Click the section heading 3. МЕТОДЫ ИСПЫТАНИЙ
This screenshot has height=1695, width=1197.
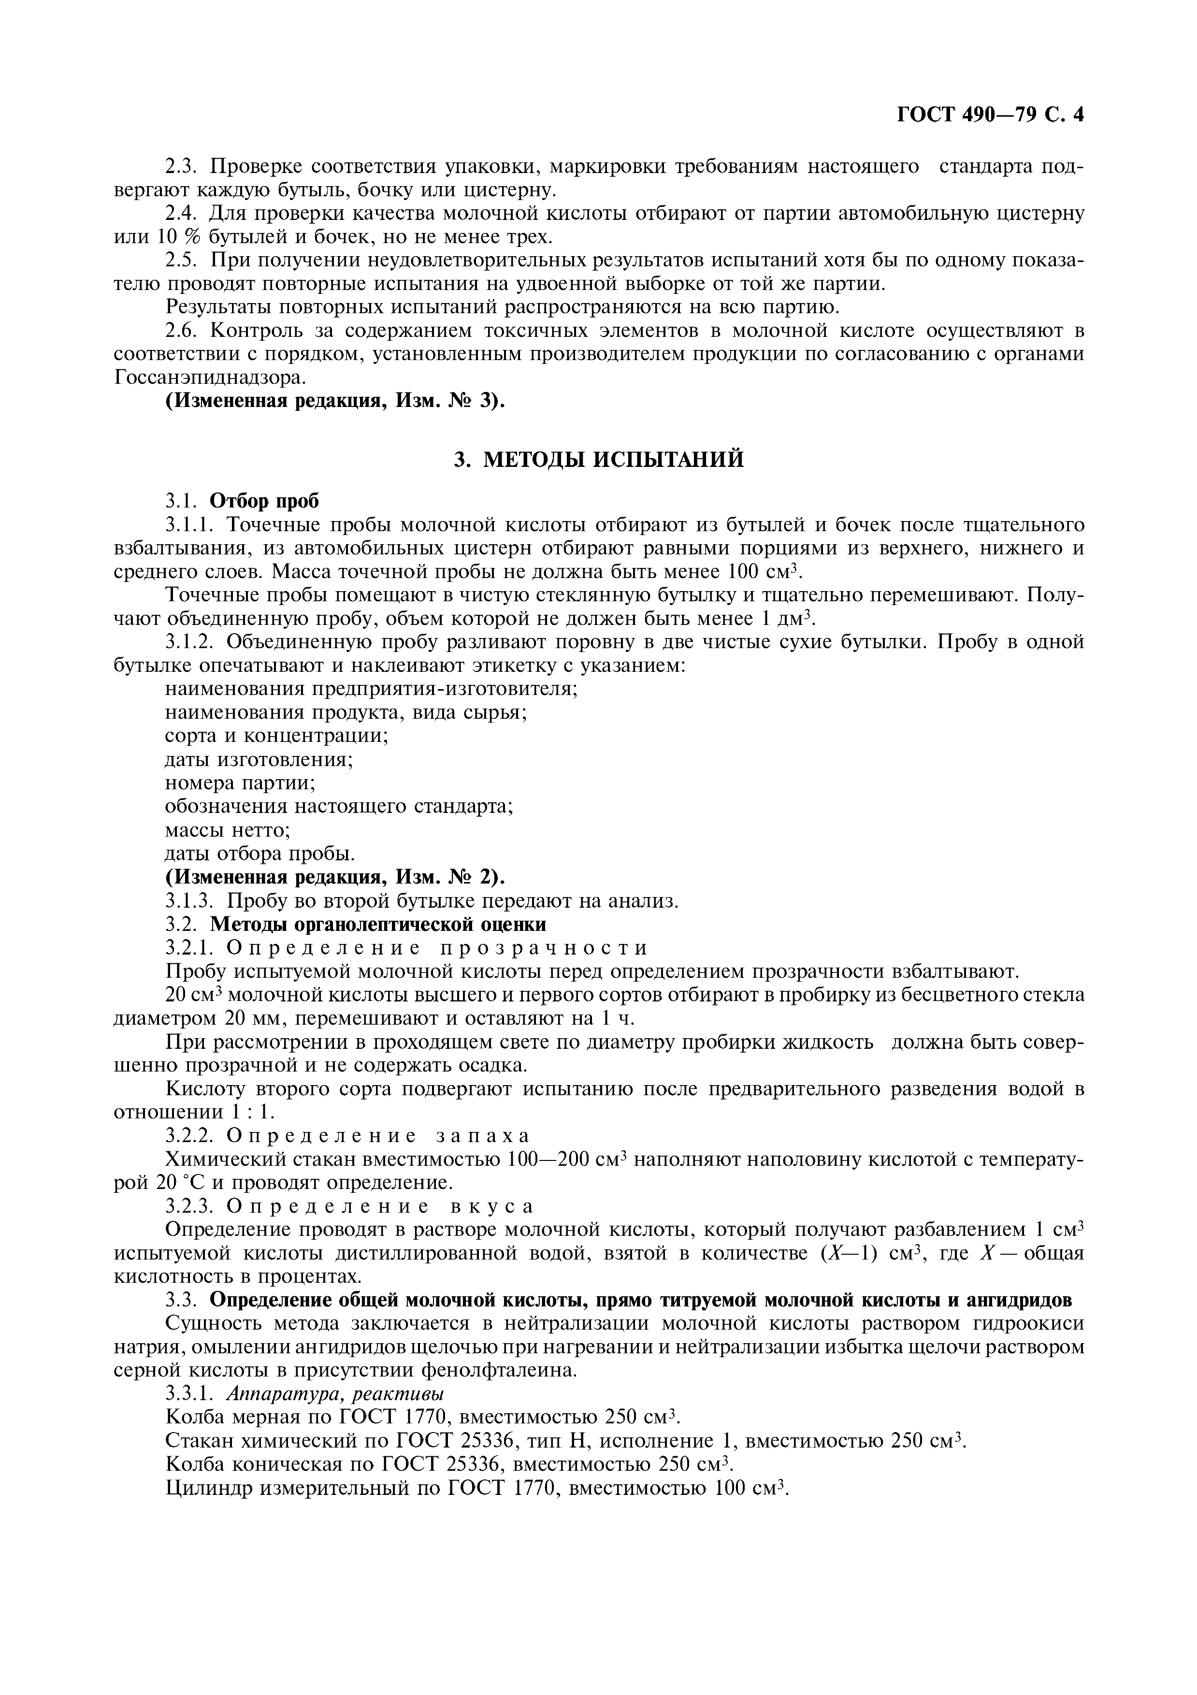(598, 459)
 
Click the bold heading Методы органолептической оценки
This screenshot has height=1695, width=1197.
(378, 924)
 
